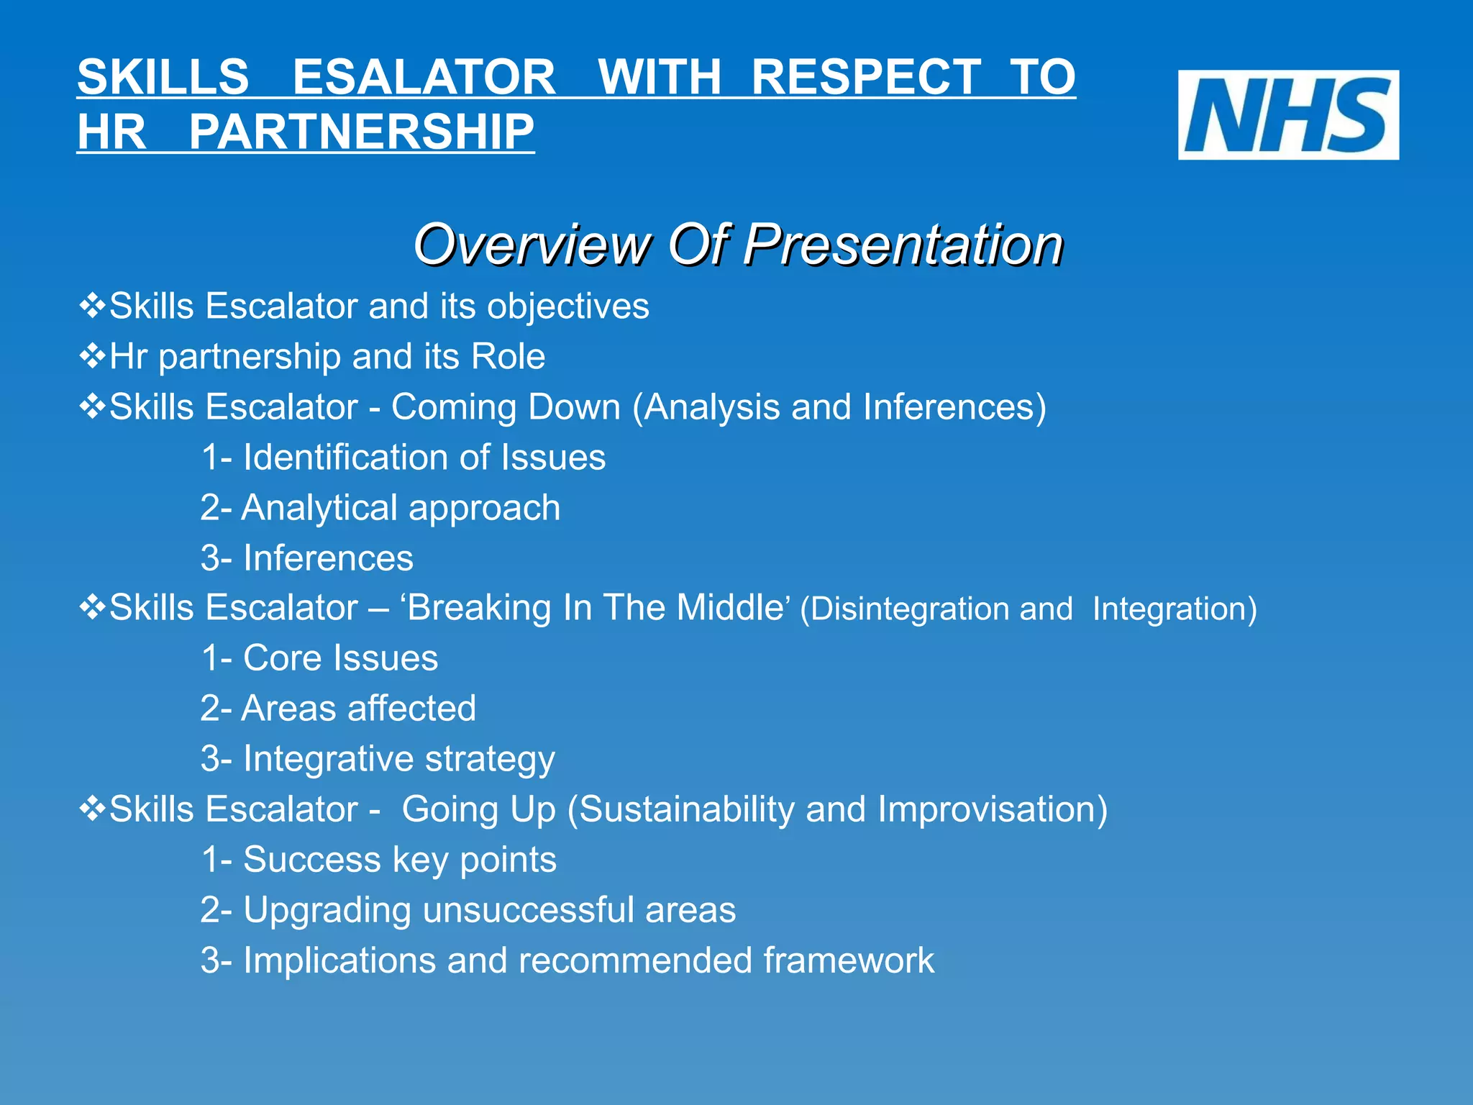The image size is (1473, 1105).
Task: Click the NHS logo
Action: pos(1287,115)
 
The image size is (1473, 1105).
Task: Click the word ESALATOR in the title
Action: pos(424,77)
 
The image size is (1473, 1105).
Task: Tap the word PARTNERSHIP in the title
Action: pos(361,132)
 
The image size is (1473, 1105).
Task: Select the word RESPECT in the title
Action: pos(866,77)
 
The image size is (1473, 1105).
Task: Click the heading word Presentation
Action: pos(903,245)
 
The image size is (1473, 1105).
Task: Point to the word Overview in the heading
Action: pos(532,245)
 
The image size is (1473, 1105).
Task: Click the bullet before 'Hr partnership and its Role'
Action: pos(92,356)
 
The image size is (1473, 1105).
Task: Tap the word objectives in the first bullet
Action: pos(568,306)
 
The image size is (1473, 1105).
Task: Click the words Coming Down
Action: pos(506,407)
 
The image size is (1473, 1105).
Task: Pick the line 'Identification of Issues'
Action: pos(403,458)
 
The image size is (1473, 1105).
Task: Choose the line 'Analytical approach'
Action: pos(380,508)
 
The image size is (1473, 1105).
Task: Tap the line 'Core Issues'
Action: pos(319,658)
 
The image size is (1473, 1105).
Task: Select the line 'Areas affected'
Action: pos(338,709)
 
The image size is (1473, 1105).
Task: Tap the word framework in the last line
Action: pos(849,960)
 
